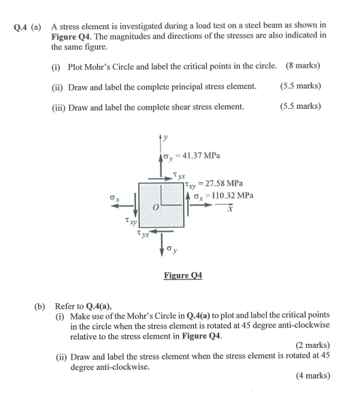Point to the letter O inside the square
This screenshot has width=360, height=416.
157,205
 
